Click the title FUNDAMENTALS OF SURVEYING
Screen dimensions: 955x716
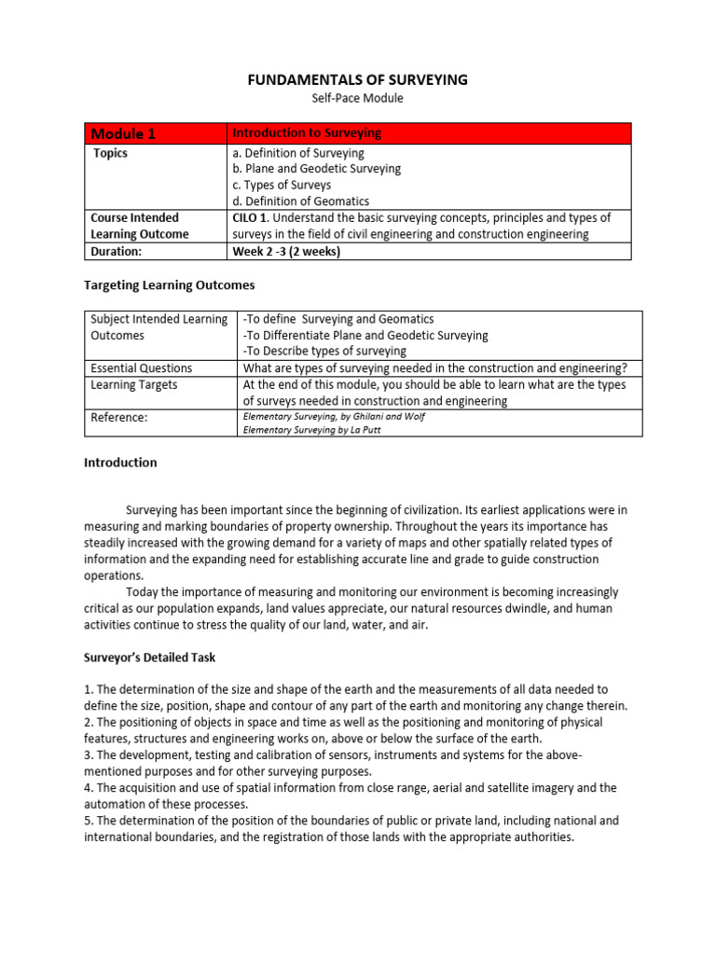coord(357,80)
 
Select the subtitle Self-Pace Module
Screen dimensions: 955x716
coord(357,98)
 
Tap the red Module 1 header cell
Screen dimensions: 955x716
coord(123,133)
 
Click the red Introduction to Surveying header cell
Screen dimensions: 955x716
coord(307,133)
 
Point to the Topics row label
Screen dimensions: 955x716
coord(110,153)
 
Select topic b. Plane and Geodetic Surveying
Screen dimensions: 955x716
coord(316,169)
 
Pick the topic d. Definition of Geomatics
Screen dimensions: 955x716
coord(300,201)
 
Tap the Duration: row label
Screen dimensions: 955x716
coord(116,251)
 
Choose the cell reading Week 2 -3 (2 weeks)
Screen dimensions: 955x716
coord(286,251)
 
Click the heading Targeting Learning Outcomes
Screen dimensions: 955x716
coord(169,284)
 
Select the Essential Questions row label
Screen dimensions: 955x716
coord(141,368)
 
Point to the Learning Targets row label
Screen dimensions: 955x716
coord(133,384)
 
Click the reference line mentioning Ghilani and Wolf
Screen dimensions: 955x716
coord(334,417)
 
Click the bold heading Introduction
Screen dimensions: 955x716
coord(120,463)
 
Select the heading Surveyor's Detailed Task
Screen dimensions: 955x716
coord(149,657)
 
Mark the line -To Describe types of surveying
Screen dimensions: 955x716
coord(324,352)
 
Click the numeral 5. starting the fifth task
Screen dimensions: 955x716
coord(89,821)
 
